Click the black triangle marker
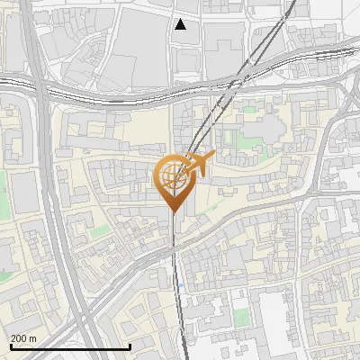click(181, 24)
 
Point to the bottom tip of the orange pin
click(172, 212)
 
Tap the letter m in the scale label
click(33, 338)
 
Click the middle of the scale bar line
click(70, 346)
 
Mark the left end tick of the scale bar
click(11, 346)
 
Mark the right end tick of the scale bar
click(130, 346)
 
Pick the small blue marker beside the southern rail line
click(180, 285)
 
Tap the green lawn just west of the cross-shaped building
click(229, 139)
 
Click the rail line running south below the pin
click(175, 270)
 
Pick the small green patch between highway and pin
click(99, 230)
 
